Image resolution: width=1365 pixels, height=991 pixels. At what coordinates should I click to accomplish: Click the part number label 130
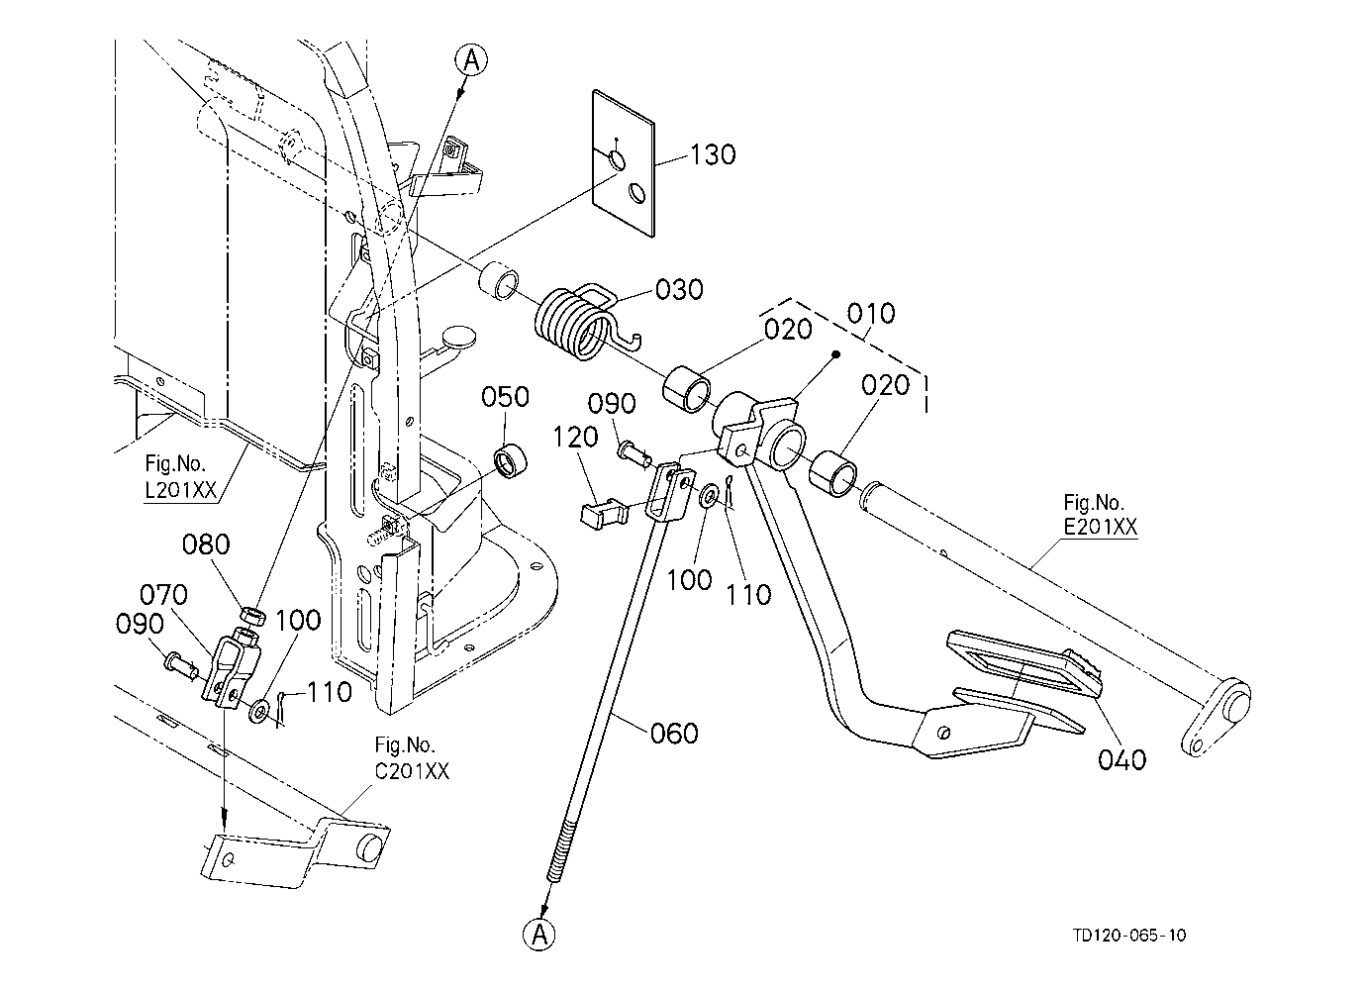(x=713, y=155)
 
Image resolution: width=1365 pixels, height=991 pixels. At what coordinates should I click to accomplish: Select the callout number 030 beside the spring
(x=680, y=290)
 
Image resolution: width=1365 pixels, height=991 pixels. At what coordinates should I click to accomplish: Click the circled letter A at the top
(x=471, y=61)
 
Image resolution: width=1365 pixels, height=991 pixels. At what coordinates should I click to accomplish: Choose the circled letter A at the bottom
(x=539, y=936)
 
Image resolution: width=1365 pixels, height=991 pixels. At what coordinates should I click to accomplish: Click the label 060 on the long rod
(x=674, y=734)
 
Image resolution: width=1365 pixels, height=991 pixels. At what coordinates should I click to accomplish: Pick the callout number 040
(x=1122, y=759)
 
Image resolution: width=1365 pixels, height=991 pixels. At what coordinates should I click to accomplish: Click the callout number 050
(x=506, y=397)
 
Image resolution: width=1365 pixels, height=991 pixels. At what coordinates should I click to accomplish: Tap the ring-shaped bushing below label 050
(x=512, y=462)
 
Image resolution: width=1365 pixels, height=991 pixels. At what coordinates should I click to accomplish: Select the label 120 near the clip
(x=576, y=437)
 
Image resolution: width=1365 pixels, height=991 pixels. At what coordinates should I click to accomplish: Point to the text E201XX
(x=1100, y=528)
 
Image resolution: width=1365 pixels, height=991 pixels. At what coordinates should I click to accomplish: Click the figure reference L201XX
(x=180, y=489)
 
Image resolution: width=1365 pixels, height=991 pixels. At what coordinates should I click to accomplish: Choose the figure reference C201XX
(x=412, y=771)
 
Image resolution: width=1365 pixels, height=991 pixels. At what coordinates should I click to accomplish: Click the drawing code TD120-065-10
(x=1128, y=936)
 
